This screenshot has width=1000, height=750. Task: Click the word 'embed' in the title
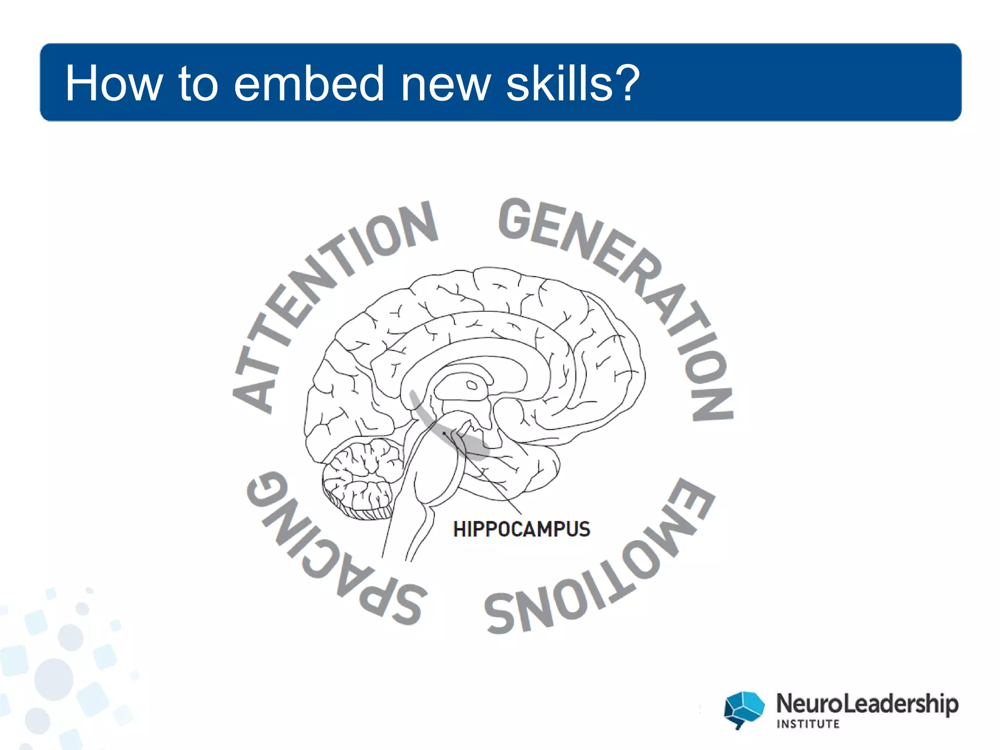click(309, 83)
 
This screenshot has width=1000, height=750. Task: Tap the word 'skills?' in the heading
click(573, 83)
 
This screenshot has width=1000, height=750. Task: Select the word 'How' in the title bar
click(114, 83)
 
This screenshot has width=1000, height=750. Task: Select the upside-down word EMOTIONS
click(605, 571)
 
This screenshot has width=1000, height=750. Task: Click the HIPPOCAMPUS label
click(521, 529)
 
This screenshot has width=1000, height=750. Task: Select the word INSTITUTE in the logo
click(808, 724)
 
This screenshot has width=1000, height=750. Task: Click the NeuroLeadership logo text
click(867, 704)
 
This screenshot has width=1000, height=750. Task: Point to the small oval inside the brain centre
click(472, 385)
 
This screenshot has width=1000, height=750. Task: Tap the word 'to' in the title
click(197, 83)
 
